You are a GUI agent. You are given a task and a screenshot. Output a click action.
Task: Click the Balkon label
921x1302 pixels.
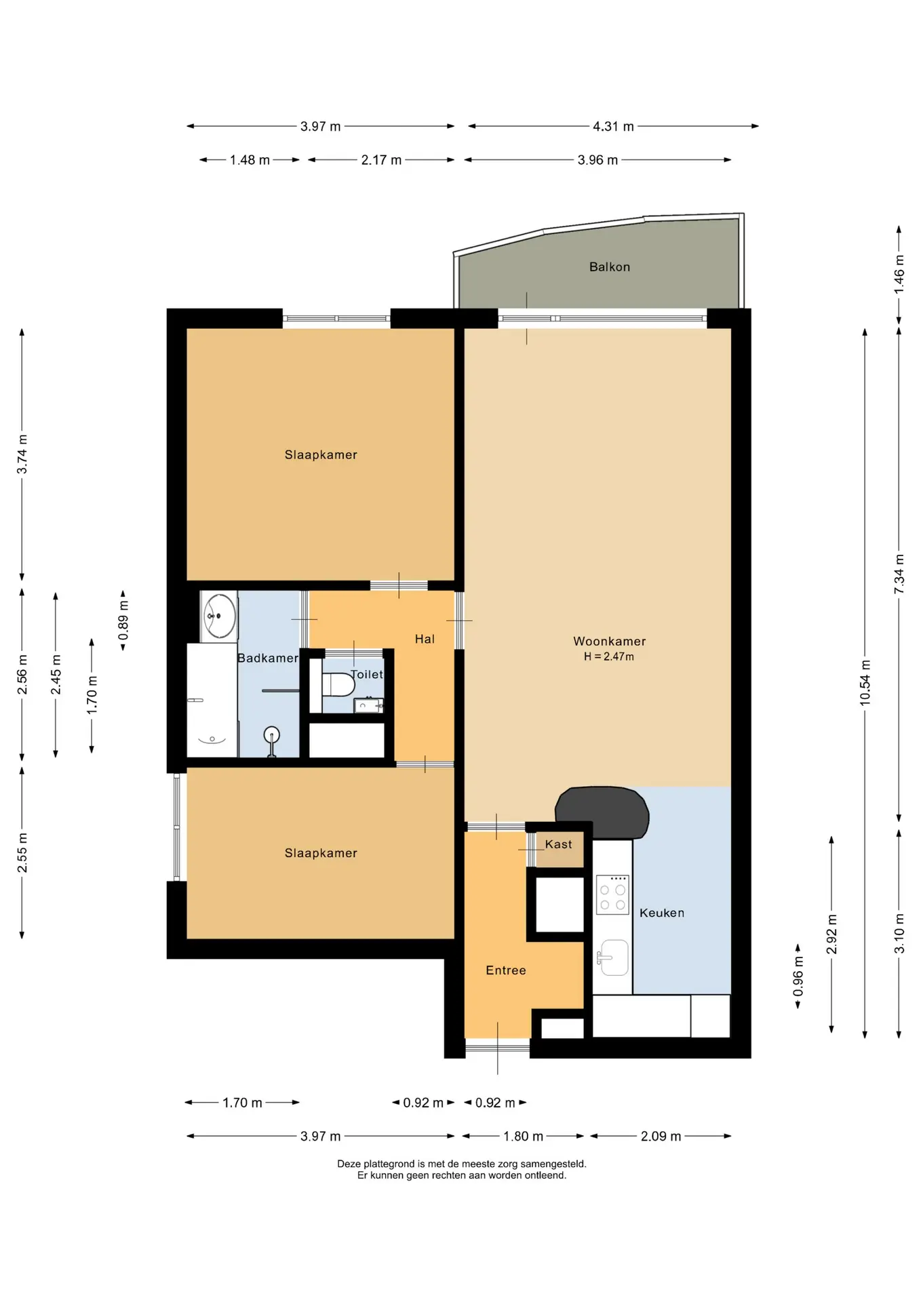[x=609, y=267]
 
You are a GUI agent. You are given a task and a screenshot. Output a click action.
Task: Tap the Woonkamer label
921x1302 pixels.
[x=609, y=642]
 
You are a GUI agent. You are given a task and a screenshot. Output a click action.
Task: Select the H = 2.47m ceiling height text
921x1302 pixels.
[x=609, y=656]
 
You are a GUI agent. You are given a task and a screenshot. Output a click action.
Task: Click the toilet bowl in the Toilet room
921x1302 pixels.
[x=338, y=684]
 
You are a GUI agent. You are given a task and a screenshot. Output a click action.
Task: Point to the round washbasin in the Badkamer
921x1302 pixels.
[x=220, y=616]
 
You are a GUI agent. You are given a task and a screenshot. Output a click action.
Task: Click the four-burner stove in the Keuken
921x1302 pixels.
[x=612, y=894]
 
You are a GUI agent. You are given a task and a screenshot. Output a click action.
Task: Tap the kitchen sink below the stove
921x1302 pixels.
[x=614, y=958]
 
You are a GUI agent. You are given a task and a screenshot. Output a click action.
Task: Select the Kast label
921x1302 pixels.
[x=558, y=844]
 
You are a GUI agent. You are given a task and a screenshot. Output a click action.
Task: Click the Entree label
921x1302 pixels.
[x=506, y=970]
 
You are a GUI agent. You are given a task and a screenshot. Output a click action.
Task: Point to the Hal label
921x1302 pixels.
[x=425, y=639]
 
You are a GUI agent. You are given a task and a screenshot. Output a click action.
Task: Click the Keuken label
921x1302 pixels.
[x=662, y=913]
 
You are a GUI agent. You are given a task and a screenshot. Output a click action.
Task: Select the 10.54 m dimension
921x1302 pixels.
[x=865, y=682]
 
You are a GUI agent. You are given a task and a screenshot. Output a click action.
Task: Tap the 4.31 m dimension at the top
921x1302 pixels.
[x=613, y=126]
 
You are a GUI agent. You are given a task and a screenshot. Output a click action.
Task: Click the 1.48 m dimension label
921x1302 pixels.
[x=250, y=160]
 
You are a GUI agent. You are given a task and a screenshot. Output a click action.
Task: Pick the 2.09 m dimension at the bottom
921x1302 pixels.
[x=661, y=1136]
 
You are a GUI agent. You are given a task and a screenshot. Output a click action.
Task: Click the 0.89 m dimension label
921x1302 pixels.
[x=123, y=620]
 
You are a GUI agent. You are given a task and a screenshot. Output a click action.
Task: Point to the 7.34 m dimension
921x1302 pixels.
[x=899, y=574]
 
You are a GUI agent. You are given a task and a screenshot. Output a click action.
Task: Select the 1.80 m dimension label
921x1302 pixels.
[x=523, y=1136]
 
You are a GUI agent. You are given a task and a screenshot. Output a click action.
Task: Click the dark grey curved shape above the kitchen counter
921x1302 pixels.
[x=602, y=812]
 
